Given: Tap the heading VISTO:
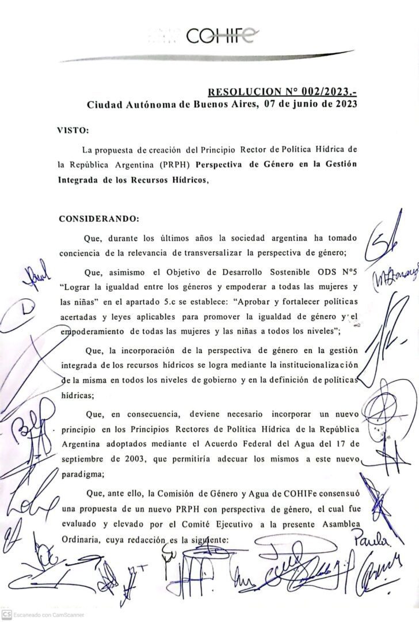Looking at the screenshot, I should click(73, 131).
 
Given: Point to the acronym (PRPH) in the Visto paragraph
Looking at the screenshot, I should click(176, 164).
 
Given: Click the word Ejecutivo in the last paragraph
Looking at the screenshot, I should click(250, 528).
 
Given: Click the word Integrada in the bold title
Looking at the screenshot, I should click(80, 179).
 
